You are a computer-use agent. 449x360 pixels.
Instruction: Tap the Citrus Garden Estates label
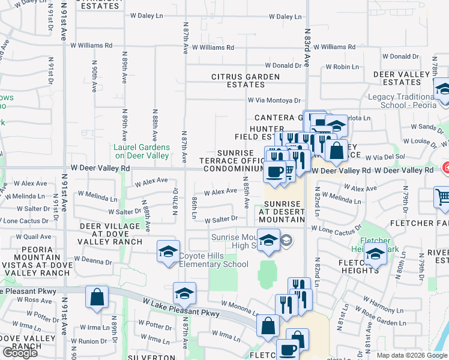[x=246, y=80]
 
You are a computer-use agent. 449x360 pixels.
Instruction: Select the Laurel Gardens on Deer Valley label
[x=142, y=151]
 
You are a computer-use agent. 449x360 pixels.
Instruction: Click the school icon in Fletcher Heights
[x=375, y=254]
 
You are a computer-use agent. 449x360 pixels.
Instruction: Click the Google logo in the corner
[x=20, y=352]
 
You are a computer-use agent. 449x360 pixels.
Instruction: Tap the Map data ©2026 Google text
[x=412, y=355]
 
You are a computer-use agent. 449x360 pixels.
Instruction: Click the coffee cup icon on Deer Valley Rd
[x=276, y=172]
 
